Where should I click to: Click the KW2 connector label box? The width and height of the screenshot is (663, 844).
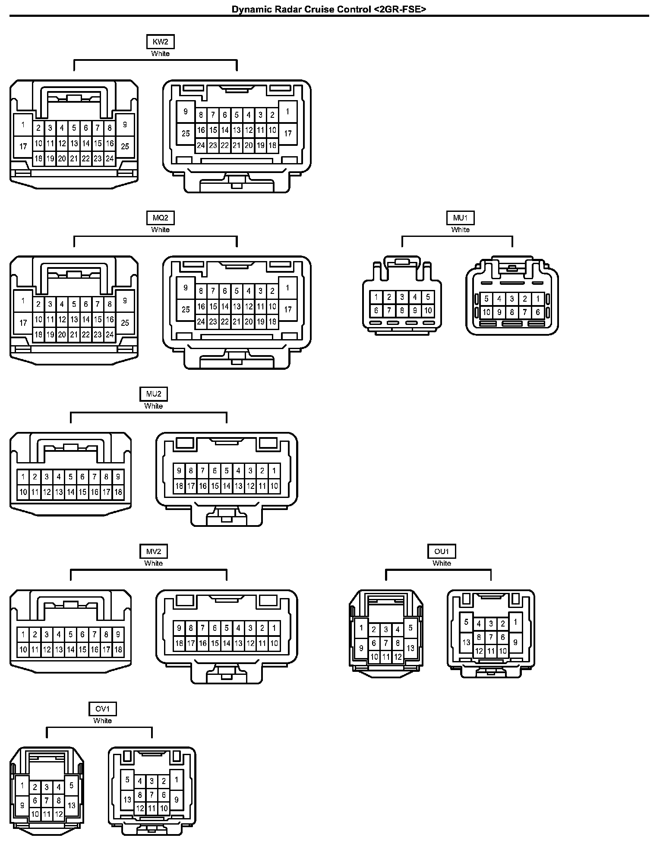(160, 42)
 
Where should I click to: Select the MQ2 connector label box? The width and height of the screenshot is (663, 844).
(160, 218)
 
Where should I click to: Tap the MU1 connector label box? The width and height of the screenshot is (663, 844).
(460, 218)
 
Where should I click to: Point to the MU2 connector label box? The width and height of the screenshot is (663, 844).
(154, 394)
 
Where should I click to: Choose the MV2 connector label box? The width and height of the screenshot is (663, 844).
(154, 551)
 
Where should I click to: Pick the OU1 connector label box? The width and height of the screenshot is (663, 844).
(442, 551)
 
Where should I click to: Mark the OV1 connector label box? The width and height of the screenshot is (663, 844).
(103, 709)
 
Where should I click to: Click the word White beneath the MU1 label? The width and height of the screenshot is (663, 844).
(460, 230)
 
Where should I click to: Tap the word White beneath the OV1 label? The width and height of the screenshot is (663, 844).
(103, 721)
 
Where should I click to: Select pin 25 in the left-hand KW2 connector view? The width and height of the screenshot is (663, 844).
(125, 146)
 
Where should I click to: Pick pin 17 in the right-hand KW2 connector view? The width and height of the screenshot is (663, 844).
(288, 133)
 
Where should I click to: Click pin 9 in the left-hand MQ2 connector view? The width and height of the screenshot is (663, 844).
(125, 301)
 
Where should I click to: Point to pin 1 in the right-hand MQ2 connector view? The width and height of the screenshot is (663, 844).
(288, 288)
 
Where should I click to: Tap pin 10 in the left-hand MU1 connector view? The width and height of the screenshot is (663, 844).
(428, 310)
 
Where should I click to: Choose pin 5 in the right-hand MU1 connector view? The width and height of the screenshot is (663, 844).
(486, 299)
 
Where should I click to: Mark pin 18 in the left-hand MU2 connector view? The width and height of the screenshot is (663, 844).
(118, 492)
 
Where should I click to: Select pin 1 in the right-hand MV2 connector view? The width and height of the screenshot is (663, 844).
(274, 628)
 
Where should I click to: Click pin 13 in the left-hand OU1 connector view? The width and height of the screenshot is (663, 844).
(410, 648)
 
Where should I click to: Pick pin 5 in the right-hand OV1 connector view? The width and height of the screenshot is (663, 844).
(127, 780)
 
